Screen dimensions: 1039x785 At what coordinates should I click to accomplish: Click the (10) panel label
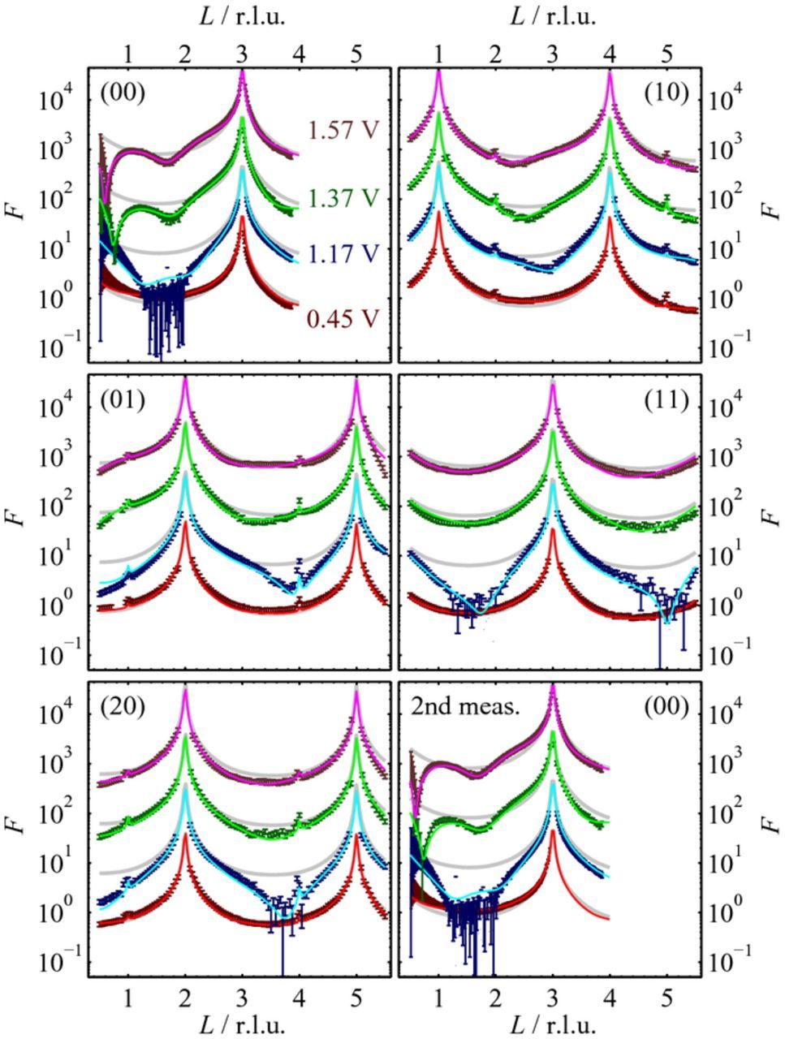pos(666,94)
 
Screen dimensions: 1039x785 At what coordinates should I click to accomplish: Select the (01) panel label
pos(123,401)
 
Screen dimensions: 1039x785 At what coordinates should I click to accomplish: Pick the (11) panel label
pos(666,401)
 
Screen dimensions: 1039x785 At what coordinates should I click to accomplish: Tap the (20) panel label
pos(123,708)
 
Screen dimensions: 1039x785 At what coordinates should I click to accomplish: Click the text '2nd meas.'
pos(464,708)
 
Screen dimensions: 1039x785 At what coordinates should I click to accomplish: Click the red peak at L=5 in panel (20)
pos(356,836)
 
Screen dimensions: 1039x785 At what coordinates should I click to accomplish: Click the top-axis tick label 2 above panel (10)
pos(495,54)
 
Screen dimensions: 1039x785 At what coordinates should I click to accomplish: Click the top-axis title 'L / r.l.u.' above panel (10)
pos(552,17)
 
